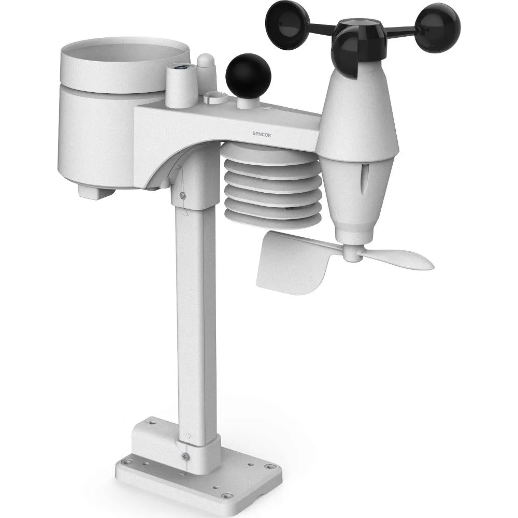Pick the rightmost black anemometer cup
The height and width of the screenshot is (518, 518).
point(439,28)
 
